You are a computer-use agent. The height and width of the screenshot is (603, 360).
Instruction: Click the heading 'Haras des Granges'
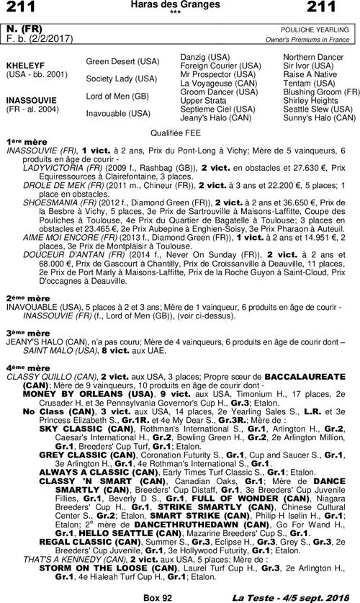pyautogui.click(x=180, y=5)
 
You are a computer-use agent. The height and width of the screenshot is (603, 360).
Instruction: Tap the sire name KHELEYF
pyautogui.click(x=22, y=64)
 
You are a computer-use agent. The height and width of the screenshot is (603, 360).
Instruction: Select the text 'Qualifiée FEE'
pyautogui.click(x=179, y=133)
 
